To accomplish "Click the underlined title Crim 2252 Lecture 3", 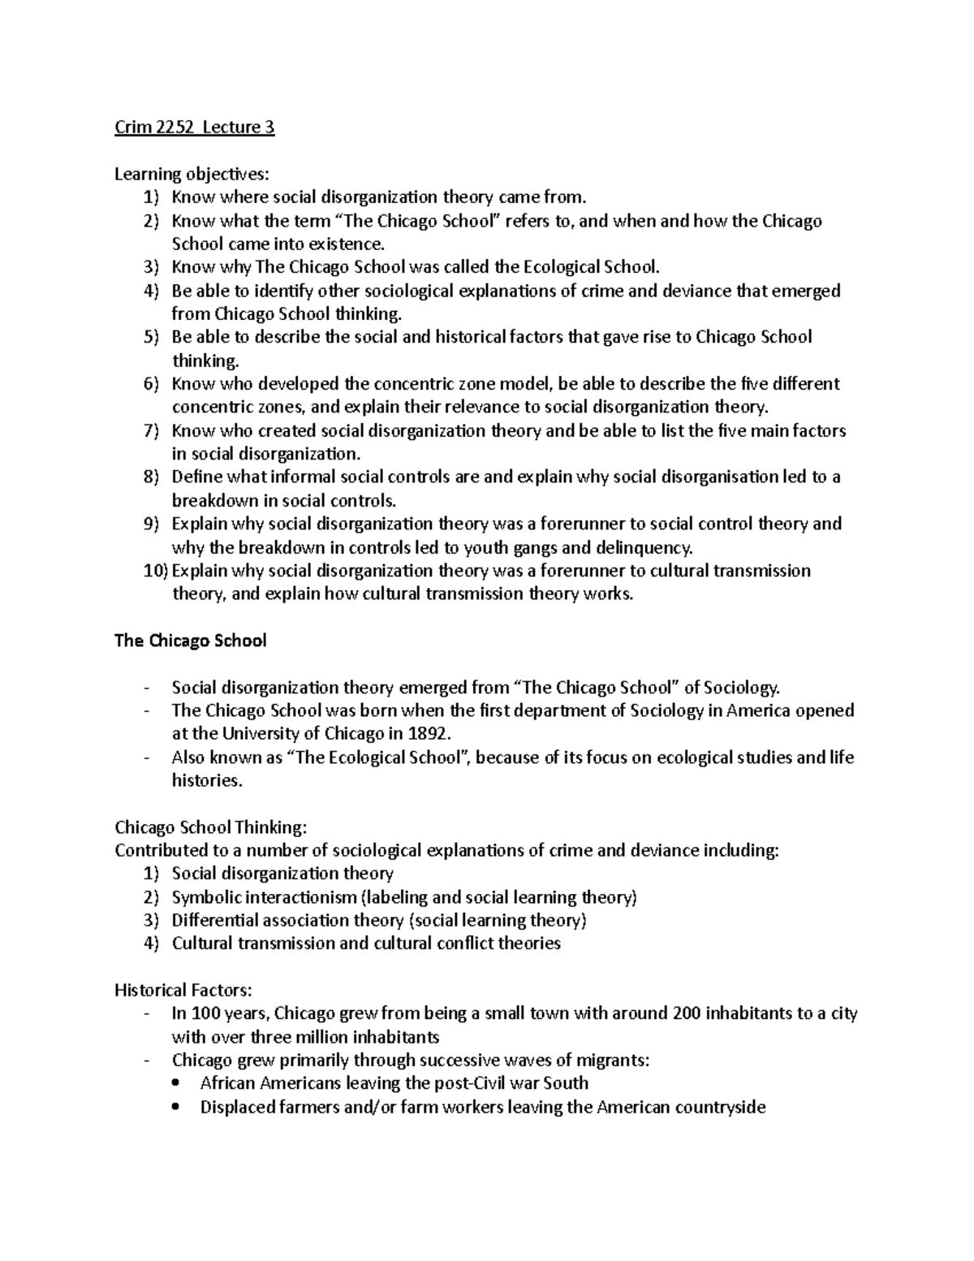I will pyautogui.click(x=194, y=127).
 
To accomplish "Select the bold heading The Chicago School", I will pyautogui.click(x=190, y=641).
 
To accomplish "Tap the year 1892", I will pyautogui.click(x=425, y=734).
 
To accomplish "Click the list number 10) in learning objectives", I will pyautogui.click(x=154, y=571).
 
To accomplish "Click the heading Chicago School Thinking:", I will pyautogui.click(x=211, y=827).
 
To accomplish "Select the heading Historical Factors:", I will pyautogui.click(x=183, y=991).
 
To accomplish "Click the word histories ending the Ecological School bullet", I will pyautogui.click(x=206, y=781).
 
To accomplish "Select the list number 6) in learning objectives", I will pyautogui.click(x=152, y=384).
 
